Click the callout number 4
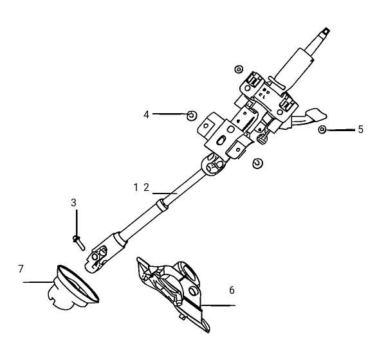(147, 114)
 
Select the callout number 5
(360, 129)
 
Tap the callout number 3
(73, 203)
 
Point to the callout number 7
(21, 269)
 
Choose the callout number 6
(232, 290)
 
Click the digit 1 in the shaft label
(136, 188)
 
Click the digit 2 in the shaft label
(147, 188)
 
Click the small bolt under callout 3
(78, 242)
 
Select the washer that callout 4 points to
(192, 116)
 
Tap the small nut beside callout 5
(322, 129)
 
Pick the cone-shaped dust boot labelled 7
(73, 287)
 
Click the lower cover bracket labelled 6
(174, 294)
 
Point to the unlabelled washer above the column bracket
(239, 69)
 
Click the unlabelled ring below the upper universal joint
(258, 163)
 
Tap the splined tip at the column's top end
(326, 32)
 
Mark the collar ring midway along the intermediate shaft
(162, 204)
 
